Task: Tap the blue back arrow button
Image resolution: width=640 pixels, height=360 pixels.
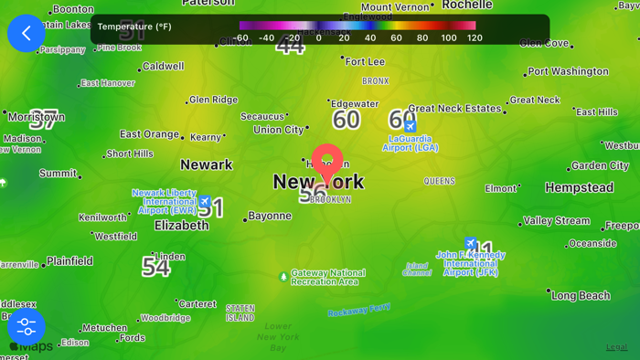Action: [x=27, y=33]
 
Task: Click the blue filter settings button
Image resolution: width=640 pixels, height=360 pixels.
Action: [x=27, y=326]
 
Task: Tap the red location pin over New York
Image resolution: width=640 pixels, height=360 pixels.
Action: [x=327, y=163]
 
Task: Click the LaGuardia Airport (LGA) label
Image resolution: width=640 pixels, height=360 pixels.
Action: [x=411, y=143]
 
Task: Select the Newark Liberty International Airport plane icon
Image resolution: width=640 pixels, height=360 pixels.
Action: [x=205, y=201]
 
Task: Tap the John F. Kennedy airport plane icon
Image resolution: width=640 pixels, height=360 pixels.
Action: [x=471, y=244]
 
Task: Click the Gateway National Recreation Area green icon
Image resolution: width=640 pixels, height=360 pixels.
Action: [x=283, y=276]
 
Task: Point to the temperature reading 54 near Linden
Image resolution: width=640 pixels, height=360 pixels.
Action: [x=155, y=267]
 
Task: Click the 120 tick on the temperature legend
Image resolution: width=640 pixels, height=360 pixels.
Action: [x=475, y=38]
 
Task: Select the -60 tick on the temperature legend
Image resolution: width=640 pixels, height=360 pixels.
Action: [x=240, y=38]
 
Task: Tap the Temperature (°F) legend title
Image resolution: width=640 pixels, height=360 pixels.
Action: [x=134, y=27]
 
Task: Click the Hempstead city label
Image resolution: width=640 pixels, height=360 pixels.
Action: [x=580, y=188]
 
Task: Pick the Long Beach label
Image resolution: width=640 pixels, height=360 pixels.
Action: [x=581, y=296]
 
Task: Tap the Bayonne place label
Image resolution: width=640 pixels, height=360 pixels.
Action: [x=270, y=217]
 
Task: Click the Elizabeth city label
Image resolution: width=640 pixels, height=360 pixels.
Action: [x=182, y=225]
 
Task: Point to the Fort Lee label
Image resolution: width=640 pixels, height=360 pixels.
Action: [x=365, y=62]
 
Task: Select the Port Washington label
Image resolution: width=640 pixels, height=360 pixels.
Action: [x=568, y=71]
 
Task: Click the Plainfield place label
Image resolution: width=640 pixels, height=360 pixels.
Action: [x=69, y=261]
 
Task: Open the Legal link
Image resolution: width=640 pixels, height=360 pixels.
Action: [x=617, y=347]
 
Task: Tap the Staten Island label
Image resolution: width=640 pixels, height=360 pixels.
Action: [x=240, y=313]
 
